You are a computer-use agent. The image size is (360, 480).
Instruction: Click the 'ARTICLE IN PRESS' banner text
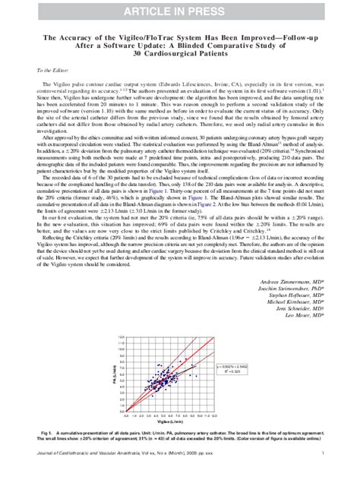coord(180,10)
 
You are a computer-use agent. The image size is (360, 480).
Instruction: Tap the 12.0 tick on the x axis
coord(216,415)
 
